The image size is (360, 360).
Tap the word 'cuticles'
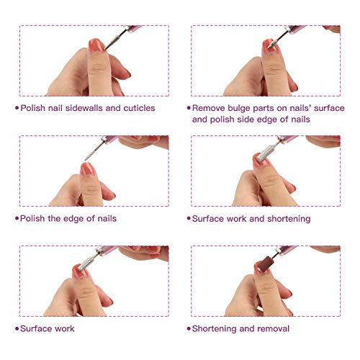pyautogui.click(x=139, y=108)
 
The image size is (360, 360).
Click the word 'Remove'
pyautogui.click(x=209, y=108)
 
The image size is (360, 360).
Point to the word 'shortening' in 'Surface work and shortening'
pyautogui.click(x=289, y=219)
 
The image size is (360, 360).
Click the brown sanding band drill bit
pyautogui.click(x=264, y=264)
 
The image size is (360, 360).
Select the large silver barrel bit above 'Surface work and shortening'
pyautogui.click(x=265, y=153)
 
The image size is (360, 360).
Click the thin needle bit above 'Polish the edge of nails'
pyautogui.click(x=94, y=150)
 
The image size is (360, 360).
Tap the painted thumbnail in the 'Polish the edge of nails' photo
pyautogui.click(x=87, y=168)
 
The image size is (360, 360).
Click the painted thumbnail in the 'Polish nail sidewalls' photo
pyautogui.click(x=96, y=45)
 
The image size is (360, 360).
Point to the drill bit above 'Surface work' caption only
pyautogui.click(x=87, y=264)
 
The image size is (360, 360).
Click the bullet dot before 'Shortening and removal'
pyautogui.click(x=189, y=328)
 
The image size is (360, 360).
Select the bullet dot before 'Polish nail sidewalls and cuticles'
pyautogui.click(x=17, y=108)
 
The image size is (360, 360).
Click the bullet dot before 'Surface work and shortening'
pyautogui.click(x=189, y=218)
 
